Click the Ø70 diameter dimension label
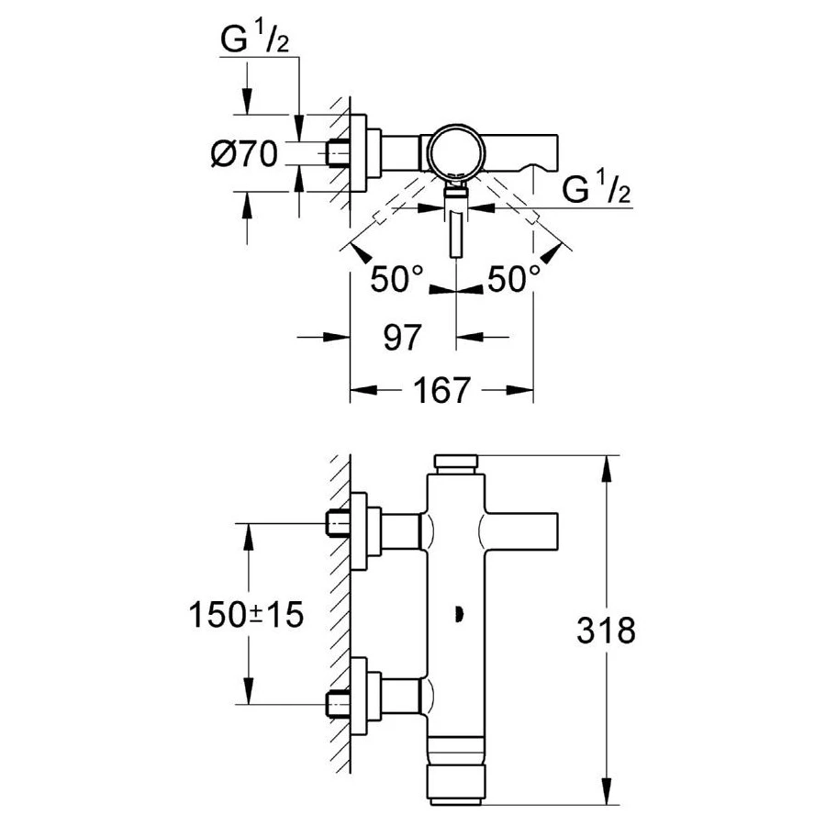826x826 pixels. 243,154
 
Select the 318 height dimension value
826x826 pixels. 606,631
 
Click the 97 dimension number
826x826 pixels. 401,338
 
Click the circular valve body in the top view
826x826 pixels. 456,149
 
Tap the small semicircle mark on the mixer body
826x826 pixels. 456,614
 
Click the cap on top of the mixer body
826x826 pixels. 456,463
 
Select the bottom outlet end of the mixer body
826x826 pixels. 456,785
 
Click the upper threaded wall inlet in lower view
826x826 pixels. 339,525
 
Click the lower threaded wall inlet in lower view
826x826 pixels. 339,704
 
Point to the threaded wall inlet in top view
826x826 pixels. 339,152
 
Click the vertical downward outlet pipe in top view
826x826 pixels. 456,234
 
